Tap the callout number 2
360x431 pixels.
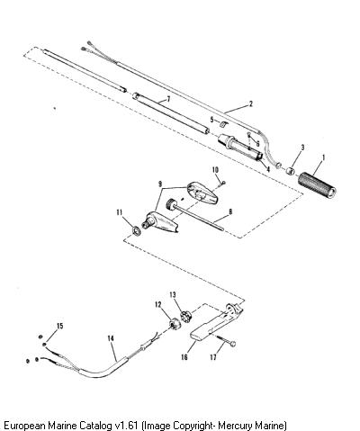[251, 104]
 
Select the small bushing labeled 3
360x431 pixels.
[290, 172]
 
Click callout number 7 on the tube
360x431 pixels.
[168, 99]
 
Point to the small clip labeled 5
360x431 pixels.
[223, 123]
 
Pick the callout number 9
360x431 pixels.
[160, 183]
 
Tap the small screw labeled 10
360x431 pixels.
[223, 183]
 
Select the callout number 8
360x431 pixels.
[230, 212]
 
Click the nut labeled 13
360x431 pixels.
[185, 317]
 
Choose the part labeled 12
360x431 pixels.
[175, 325]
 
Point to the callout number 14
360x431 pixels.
[111, 338]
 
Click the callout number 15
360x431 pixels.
[60, 326]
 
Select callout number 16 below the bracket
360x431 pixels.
[184, 357]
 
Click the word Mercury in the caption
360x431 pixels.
[235, 426]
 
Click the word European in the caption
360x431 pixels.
[24, 426]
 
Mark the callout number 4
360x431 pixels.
[268, 169]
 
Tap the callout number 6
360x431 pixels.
[257, 144]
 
